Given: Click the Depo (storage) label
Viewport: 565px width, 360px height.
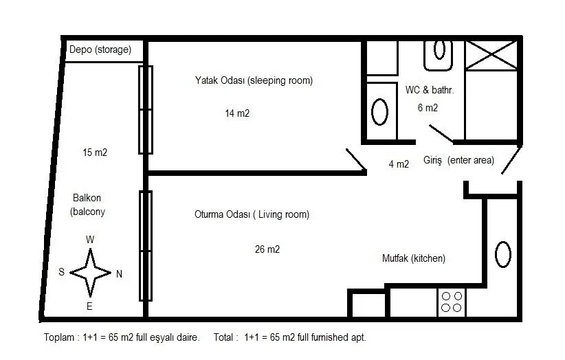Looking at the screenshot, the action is point(100,49).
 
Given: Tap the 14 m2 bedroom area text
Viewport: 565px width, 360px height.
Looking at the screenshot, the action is point(237,113).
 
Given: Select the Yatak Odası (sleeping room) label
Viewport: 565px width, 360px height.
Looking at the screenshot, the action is point(254,80).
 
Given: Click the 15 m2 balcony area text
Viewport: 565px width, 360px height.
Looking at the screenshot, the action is point(95,153).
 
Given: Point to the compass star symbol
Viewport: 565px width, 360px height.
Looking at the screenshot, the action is point(90,273).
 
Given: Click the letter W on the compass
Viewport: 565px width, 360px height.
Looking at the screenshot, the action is point(90,239).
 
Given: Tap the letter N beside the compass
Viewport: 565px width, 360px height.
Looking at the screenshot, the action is point(120,274).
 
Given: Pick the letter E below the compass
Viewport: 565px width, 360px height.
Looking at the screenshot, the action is point(89,306).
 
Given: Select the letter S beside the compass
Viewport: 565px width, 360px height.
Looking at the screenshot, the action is point(62,272).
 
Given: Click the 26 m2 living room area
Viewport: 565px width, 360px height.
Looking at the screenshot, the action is point(267,249).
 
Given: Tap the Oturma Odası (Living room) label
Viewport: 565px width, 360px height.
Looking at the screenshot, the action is point(252,214).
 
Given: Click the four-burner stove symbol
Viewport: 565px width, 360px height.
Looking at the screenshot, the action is point(452,302).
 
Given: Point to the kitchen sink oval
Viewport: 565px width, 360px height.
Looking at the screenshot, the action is point(503,254).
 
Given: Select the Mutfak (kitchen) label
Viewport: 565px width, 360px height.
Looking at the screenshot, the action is point(414,258).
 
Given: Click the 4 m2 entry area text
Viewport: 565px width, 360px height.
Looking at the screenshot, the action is point(399,164).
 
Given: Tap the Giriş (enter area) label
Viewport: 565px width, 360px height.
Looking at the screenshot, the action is point(458,160).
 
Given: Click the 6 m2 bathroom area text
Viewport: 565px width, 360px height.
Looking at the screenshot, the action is point(428,108).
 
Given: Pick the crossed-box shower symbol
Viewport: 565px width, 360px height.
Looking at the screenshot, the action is point(491,55).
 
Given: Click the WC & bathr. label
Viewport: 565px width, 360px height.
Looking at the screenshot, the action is point(429,89).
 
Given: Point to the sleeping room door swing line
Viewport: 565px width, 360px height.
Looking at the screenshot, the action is point(356,159).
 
